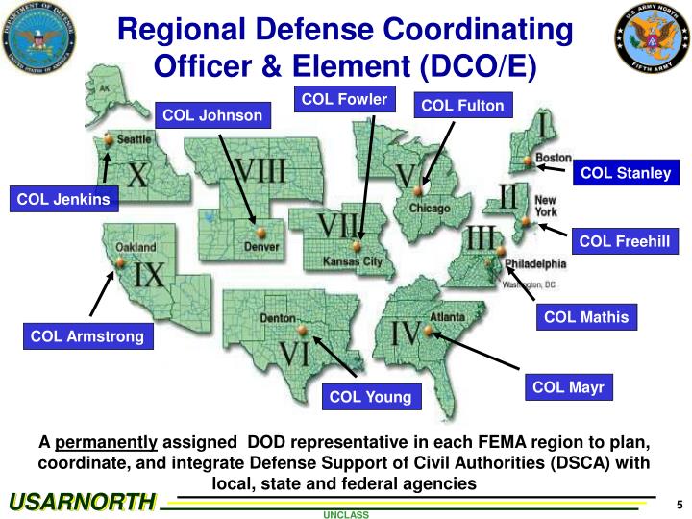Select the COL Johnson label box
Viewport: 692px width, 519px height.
pyautogui.click(x=211, y=116)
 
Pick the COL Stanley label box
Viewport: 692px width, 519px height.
pyautogui.click(x=626, y=173)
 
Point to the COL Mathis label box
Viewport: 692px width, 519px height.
pyautogui.click(x=586, y=317)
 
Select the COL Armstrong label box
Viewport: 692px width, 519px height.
pyautogui.click(x=87, y=335)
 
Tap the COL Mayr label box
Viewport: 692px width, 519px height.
pyautogui.click(x=568, y=387)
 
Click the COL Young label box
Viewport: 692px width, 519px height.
pyautogui.click(x=370, y=396)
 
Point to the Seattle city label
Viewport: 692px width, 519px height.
pyautogui.click(x=134, y=139)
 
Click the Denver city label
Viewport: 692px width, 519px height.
pyautogui.click(x=261, y=247)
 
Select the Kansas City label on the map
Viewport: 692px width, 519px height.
pyautogui.click(x=352, y=261)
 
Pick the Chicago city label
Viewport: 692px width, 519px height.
pyautogui.click(x=430, y=209)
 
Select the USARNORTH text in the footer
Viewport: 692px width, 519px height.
pyautogui.click(x=82, y=502)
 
